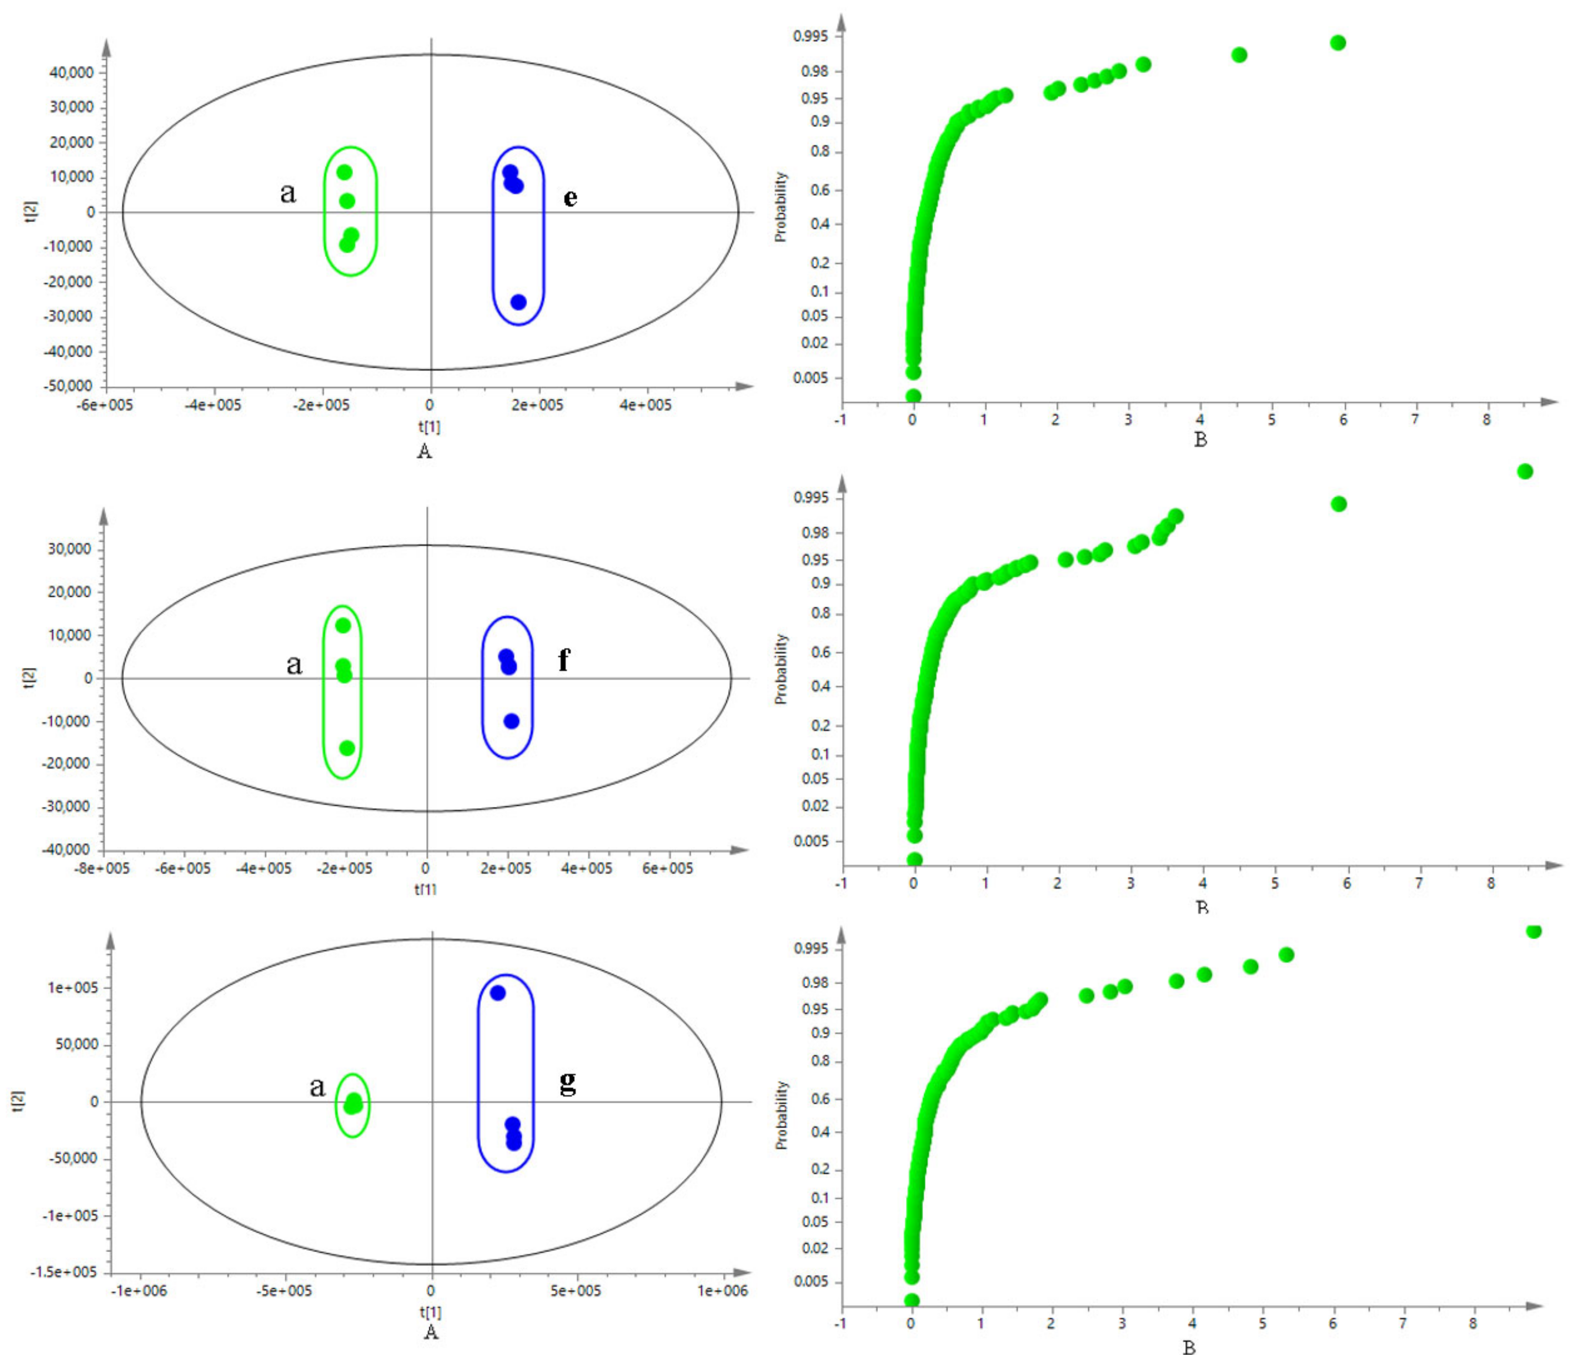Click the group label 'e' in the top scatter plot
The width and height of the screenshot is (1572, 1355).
tap(570, 198)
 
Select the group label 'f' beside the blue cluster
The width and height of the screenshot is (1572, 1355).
tap(564, 660)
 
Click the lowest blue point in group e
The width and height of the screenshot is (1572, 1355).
tap(518, 302)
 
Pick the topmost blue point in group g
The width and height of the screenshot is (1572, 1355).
tap(498, 992)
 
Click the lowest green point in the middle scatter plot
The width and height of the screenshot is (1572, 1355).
tap(347, 748)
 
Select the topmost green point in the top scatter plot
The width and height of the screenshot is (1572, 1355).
tap(344, 172)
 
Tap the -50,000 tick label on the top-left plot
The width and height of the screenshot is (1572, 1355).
tap(69, 386)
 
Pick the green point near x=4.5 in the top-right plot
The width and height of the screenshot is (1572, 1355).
tap(1239, 55)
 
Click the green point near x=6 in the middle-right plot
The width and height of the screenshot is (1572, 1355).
tap(1338, 504)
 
